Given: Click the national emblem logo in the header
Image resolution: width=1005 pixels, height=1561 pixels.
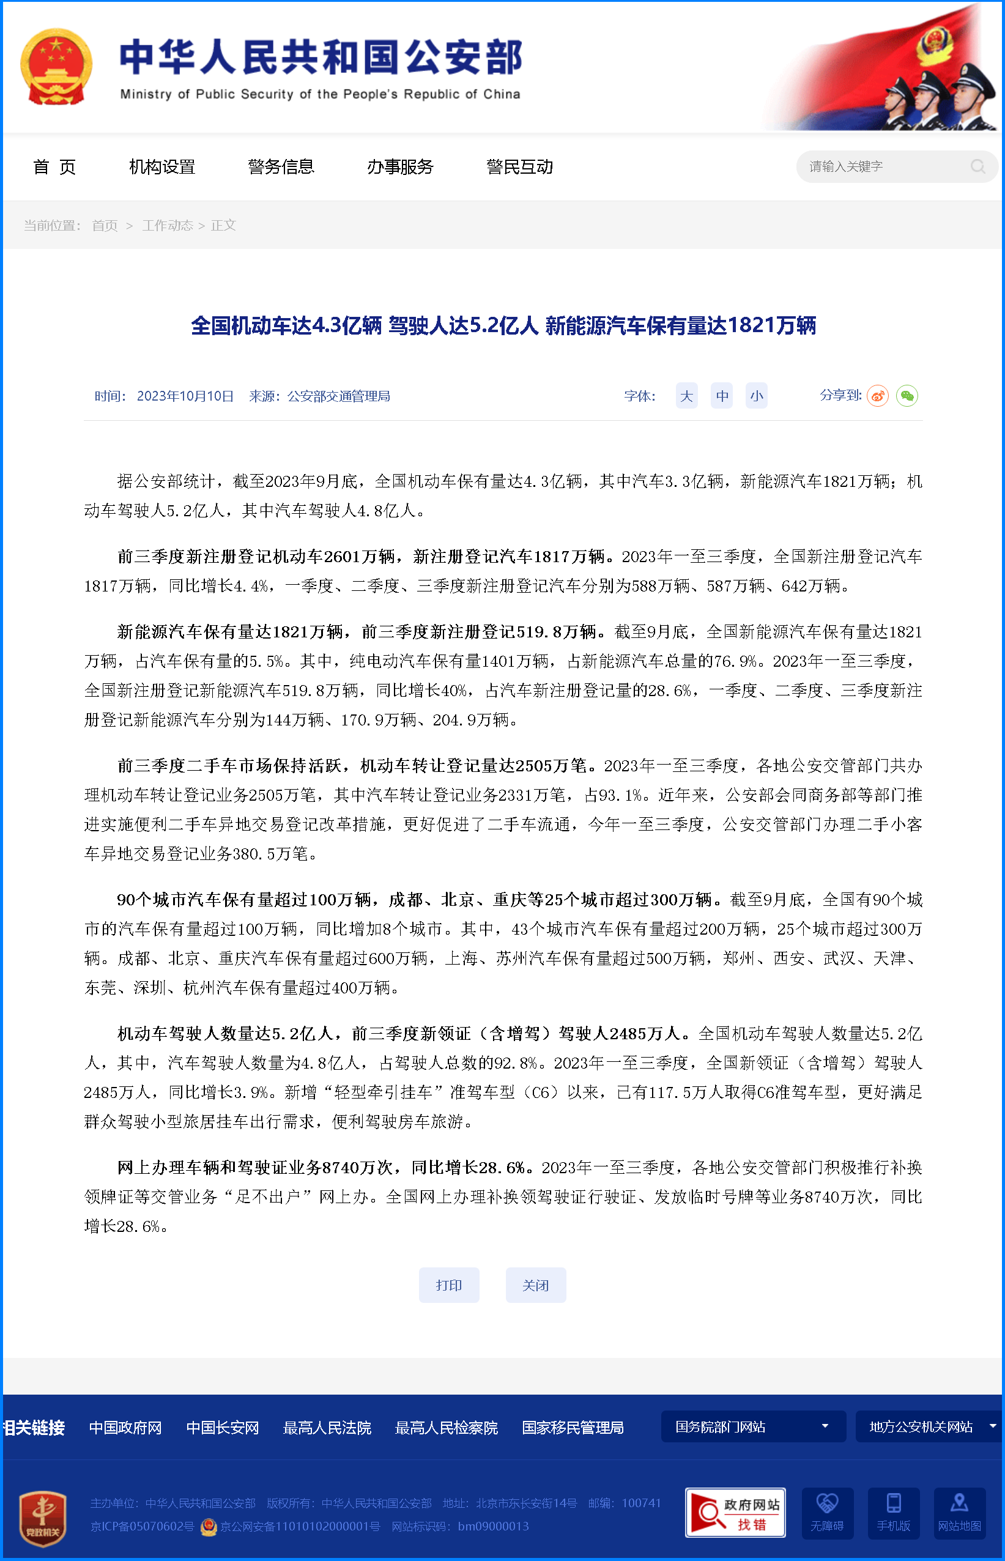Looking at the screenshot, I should click(56, 67).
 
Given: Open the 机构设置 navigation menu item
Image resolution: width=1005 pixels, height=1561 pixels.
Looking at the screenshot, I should click(162, 167).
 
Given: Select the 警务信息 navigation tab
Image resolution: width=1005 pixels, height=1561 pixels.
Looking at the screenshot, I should click(281, 167).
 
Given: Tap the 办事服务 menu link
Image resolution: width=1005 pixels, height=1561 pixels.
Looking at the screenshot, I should click(400, 167).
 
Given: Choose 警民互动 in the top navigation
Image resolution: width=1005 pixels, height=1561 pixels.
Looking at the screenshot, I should click(519, 167).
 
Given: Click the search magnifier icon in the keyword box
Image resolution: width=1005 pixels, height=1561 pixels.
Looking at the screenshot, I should click(977, 167).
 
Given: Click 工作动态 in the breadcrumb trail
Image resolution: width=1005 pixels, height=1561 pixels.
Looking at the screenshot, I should click(167, 225).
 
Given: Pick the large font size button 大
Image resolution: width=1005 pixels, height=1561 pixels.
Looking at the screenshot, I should click(686, 396).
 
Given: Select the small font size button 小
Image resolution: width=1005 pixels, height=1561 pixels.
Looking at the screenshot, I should click(757, 396).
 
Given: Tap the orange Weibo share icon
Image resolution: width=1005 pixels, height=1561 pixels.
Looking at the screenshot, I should click(877, 396).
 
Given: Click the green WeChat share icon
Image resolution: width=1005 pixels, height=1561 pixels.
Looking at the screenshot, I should click(907, 396).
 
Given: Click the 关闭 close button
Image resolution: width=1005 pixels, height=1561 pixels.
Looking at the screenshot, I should click(535, 1285).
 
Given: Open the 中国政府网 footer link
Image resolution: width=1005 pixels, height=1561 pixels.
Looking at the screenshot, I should click(125, 1428).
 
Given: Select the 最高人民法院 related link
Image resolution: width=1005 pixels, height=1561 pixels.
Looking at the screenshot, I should click(327, 1428).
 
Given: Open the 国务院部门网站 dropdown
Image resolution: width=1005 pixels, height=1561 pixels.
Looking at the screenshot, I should click(753, 1426).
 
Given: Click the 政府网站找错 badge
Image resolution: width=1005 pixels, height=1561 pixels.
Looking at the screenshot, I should click(735, 1513).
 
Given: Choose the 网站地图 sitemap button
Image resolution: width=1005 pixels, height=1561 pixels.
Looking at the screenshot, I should click(959, 1513).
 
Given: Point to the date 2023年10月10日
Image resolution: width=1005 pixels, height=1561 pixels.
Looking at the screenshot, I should click(185, 396).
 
